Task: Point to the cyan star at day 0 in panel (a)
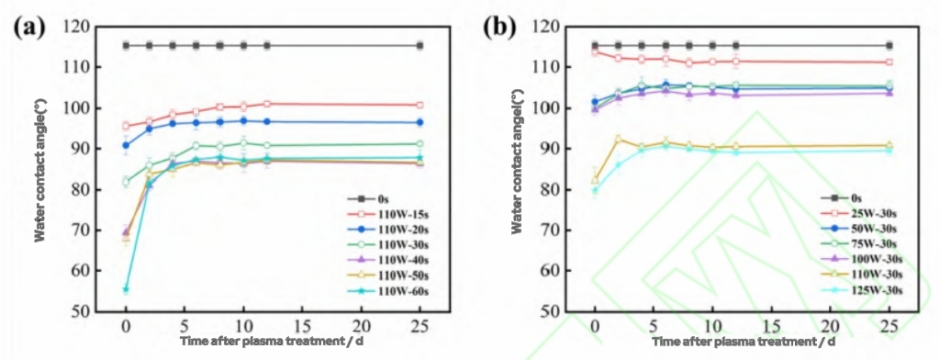point(126,289)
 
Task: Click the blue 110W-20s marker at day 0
point(126,145)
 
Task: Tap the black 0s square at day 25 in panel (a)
point(420,45)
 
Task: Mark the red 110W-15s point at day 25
point(420,105)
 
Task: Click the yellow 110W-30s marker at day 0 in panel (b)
point(595,181)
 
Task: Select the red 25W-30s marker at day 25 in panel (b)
point(889,62)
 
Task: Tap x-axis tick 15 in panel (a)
point(302,327)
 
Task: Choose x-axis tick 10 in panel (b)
point(712,327)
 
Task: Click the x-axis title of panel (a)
point(273,341)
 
